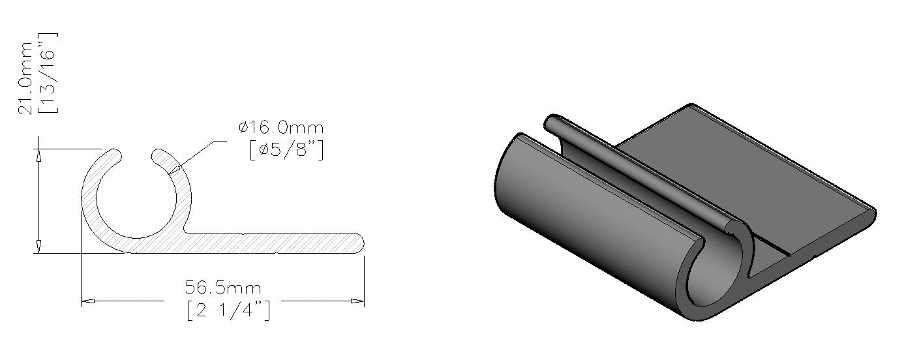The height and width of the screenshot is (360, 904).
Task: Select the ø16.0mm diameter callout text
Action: point(281,128)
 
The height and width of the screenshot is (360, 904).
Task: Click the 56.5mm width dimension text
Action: point(223,288)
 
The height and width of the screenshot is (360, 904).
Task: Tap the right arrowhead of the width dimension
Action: point(357,301)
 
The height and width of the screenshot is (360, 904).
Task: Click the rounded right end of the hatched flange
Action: point(360,243)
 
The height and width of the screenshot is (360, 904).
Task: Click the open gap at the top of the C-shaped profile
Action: point(137,155)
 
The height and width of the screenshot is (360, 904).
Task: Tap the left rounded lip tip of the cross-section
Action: point(117,155)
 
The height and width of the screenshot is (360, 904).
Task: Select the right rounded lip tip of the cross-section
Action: point(157,156)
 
